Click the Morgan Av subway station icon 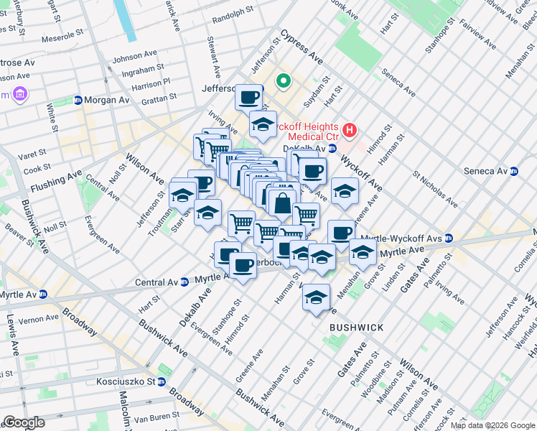coord(78,100)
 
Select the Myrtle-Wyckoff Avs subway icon coord(449,238)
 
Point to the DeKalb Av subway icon coord(332,149)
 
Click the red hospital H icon coord(349,130)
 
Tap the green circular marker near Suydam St coord(283,81)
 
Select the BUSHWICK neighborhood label coord(356,328)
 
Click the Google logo coord(24,422)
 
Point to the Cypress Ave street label coord(302,45)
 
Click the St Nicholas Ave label coord(435,188)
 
